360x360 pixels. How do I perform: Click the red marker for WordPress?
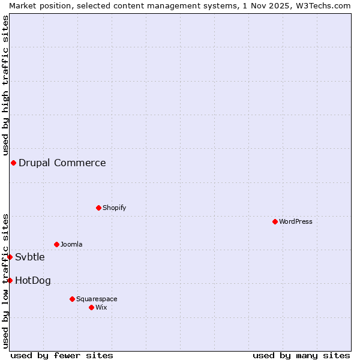[275, 221]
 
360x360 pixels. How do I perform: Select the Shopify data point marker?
[98, 208]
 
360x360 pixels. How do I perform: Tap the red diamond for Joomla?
[56, 244]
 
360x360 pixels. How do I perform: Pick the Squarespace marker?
[72, 299]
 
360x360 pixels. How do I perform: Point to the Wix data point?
[91, 307]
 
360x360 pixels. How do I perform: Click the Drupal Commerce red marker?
[13, 163]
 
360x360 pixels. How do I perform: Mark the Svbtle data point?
[10, 257]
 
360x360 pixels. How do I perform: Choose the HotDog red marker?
[10, 280]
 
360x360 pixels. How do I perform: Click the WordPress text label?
[296, 221]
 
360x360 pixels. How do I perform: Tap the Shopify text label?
[115, 208]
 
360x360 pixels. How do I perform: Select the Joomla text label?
[71, 244]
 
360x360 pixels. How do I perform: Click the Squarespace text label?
[97, 299]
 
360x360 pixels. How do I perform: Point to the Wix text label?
[101, 307]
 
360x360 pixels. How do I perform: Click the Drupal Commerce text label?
[62, 163]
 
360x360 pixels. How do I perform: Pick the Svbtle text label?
[30, 257]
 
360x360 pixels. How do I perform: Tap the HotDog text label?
[33, 280]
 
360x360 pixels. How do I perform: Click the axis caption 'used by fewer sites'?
[62, 355]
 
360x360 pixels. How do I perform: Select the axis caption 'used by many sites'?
[301, 355]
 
